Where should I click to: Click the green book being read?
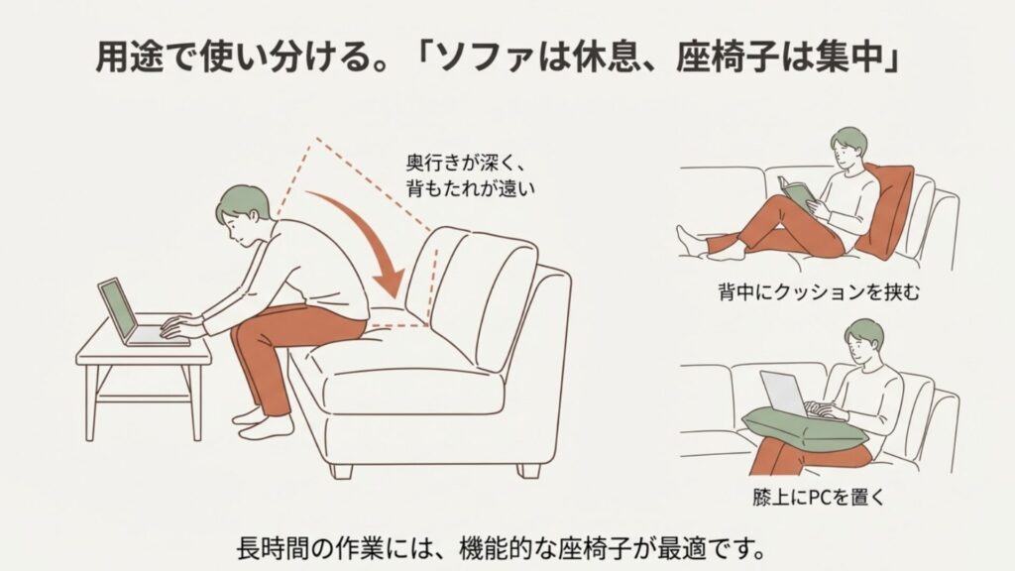(x=796, y=193)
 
